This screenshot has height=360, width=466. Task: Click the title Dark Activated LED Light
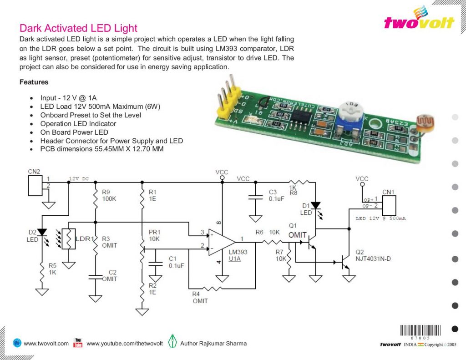click(x=78, y=28)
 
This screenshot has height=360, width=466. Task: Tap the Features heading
click(x=34, y=82)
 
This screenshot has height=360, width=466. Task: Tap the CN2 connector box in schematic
click(x=35, y=182)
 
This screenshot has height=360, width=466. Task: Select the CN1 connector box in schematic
click(x=388, y=205)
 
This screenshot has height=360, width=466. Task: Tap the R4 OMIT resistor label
click(x=200, y=298)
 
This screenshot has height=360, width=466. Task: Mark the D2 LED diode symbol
click(x=42, y=233)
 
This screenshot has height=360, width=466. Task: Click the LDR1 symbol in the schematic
click(x=71, y=239)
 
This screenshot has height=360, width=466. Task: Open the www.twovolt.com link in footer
click(x=46, y=343)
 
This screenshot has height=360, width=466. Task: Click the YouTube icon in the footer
click(x=78, y=343)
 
